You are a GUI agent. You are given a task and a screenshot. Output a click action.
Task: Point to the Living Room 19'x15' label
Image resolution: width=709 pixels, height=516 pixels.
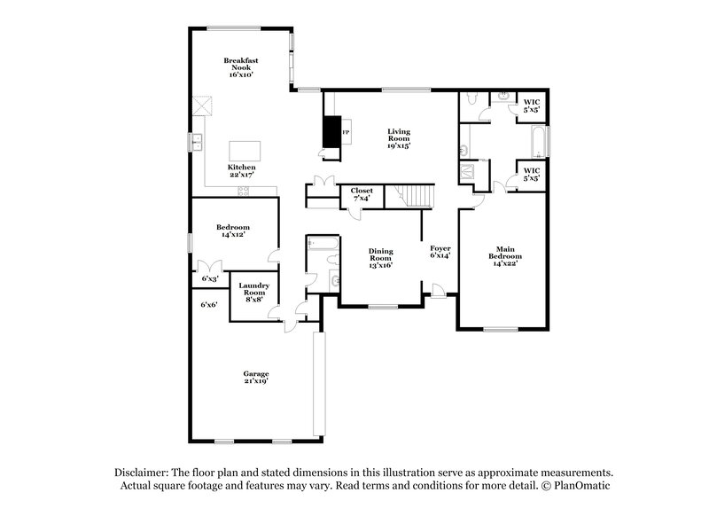[x=398, y=138]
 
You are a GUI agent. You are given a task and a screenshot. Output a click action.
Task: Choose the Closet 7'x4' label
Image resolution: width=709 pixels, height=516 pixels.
[x=361, y=194]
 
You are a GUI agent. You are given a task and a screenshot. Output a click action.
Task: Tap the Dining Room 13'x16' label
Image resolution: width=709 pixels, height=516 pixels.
[x=380, y=257]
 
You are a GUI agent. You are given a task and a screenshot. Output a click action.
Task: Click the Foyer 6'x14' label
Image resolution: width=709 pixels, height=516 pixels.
[x=440, y=251]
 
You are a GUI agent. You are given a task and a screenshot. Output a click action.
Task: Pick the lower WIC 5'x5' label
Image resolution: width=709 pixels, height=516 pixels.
[x=532, y=174]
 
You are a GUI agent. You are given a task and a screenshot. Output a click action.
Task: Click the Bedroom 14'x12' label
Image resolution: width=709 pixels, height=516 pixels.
[x=233, y=231]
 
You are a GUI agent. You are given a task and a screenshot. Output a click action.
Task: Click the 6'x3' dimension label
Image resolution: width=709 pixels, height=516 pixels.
[x=209, y=278]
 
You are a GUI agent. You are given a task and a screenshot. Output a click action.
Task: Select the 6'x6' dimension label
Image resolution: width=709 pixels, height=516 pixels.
[x=209, y=304]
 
